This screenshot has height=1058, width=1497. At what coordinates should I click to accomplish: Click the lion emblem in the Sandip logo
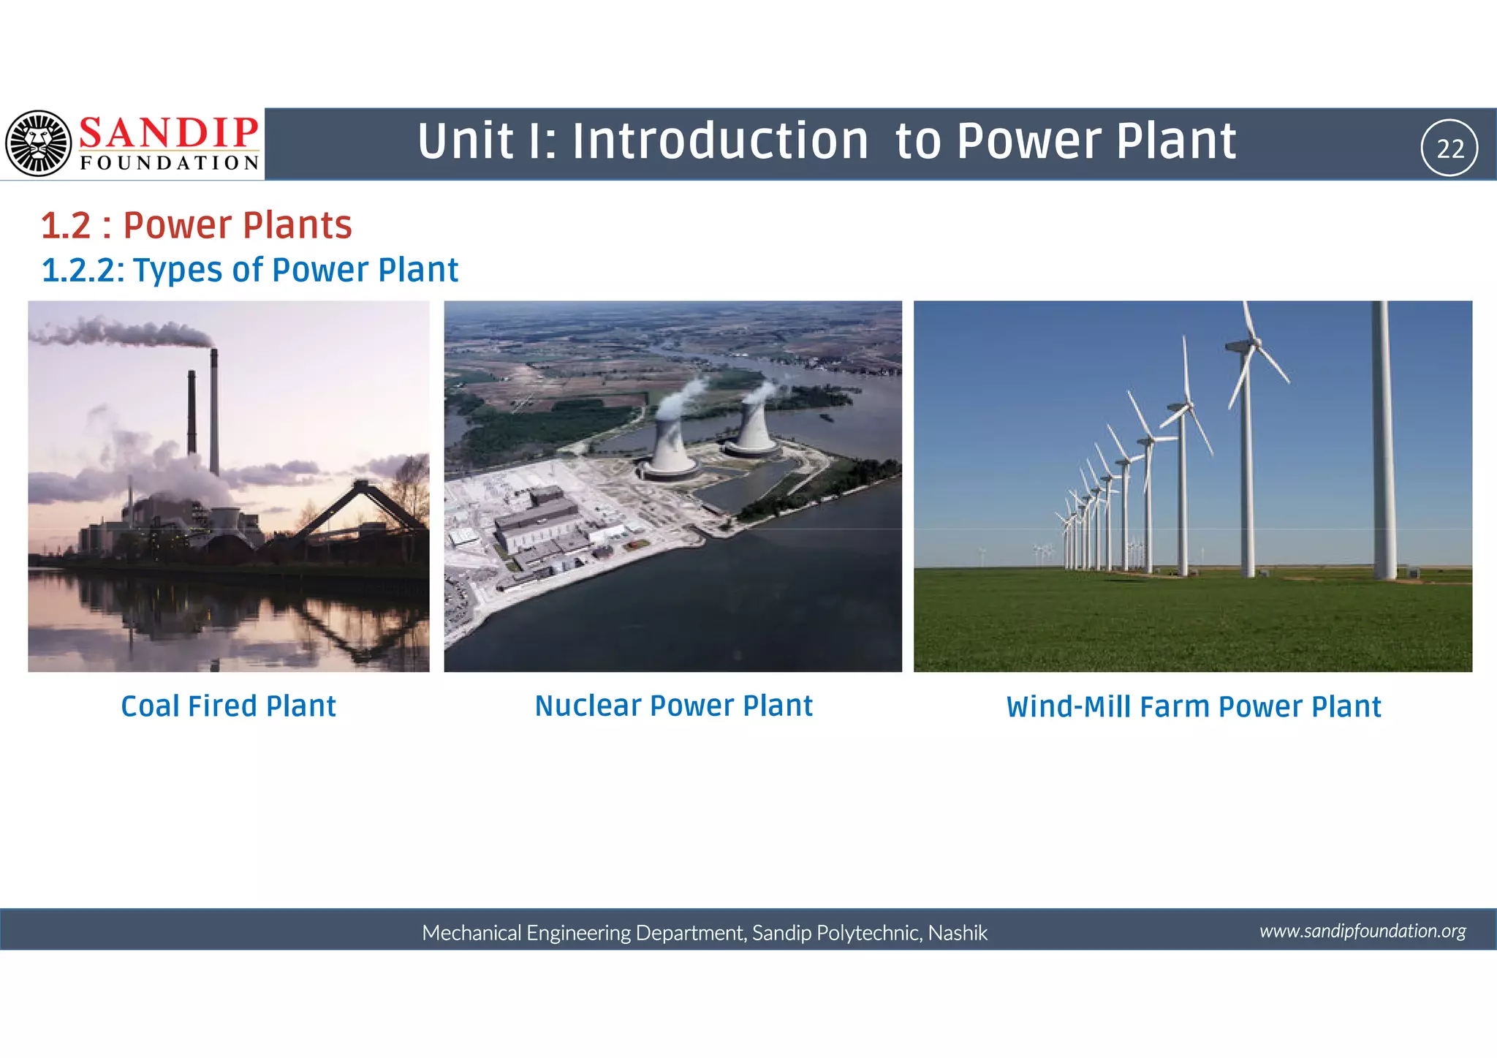38,143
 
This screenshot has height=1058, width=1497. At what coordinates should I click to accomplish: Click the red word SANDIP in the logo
168,133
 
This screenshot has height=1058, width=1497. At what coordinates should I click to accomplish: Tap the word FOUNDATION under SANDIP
170,162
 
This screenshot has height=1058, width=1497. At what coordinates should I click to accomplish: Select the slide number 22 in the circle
1449,148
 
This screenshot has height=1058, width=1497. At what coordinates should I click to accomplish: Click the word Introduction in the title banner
719,141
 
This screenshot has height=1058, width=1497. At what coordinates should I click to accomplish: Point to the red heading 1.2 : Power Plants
196,225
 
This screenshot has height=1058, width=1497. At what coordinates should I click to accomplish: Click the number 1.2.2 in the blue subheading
83,270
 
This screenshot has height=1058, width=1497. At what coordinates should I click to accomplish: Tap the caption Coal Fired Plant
228,706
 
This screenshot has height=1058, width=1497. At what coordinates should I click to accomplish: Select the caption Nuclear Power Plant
673,706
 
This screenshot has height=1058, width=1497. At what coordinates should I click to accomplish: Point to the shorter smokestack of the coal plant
192,413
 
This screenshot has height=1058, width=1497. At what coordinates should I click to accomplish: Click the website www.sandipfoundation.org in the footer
1363,931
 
